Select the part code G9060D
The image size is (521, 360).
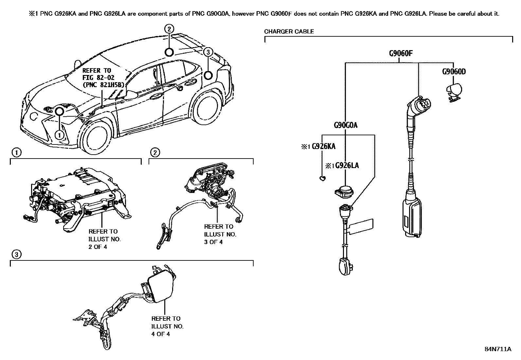(x=454, y=71)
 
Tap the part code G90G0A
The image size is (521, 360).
(x=345, y=125)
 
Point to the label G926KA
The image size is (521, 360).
(x=323, y=146)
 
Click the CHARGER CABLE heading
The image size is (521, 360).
(x=289, y=31)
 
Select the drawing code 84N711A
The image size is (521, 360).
(x=497, y=349)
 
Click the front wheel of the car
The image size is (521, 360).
(x=95, y=138)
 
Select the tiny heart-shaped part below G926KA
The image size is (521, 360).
(x=322, y=178)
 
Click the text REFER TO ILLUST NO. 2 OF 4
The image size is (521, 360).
(x=104, y=239)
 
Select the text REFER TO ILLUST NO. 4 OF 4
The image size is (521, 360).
(x=167, y=326)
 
